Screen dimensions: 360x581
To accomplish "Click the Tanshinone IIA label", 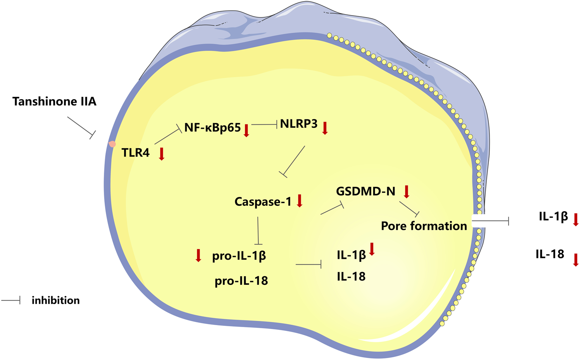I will [54, 102].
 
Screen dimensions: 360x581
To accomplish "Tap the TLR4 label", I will [135, 153].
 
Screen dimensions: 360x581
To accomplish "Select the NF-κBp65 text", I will [212, 127].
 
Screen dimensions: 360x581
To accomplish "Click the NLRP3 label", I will [298, 124].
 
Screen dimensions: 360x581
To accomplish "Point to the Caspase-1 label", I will [263, 202].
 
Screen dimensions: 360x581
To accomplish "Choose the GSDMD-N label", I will [365, 191].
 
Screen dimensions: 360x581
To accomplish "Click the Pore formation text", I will [424, 226].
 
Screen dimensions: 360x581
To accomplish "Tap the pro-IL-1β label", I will [239, 256].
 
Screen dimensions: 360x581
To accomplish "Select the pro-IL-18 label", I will [241, 281].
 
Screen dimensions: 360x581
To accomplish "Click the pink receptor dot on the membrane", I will [112, 144].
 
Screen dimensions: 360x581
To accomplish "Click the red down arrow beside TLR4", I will [162, 154].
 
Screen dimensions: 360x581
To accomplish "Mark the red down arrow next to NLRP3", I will [325, 128].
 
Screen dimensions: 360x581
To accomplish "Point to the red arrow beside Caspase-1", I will [299, 201].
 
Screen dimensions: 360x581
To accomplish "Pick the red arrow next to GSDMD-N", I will [406, 191].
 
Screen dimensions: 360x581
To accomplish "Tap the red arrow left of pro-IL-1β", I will [198, 255].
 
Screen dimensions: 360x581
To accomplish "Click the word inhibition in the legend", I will [55, 300].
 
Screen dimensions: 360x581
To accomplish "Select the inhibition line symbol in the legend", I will [11, 300].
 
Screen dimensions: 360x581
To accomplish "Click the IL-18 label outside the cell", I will [550, 254].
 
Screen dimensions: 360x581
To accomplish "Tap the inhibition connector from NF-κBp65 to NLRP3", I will [265, 124].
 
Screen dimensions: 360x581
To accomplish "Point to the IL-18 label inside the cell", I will [351, 276].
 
